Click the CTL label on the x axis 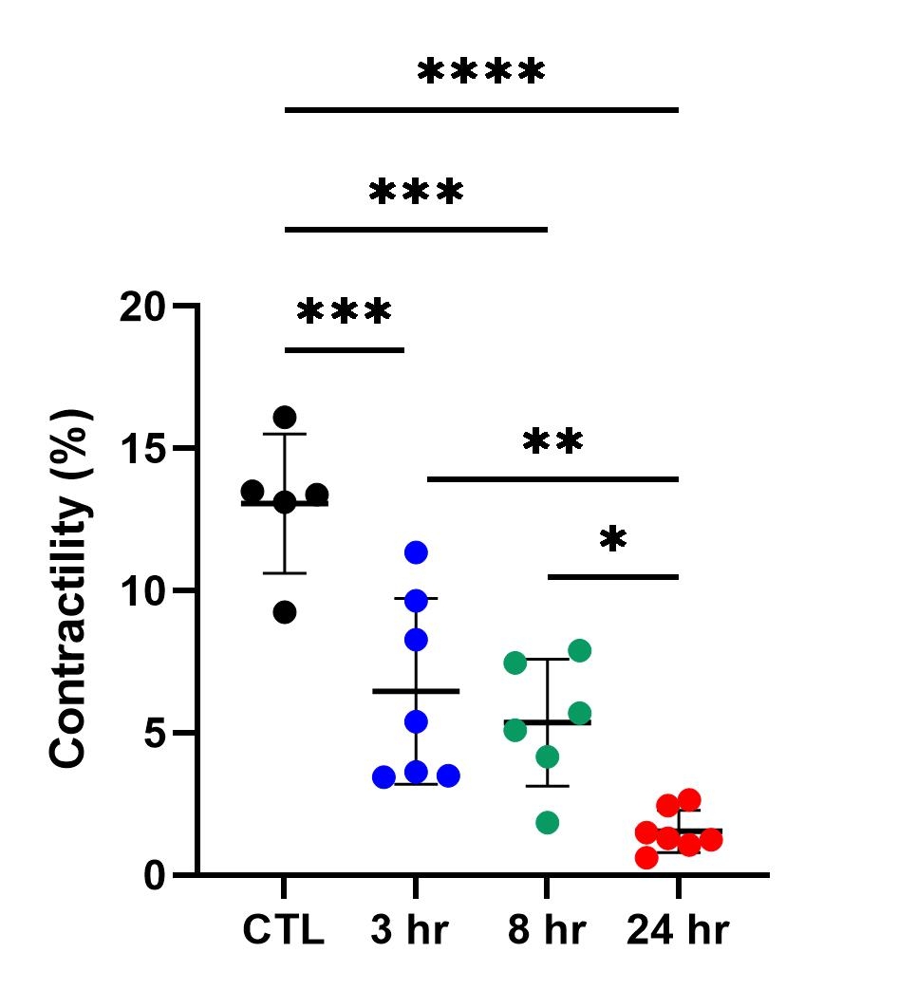(x=283, y=930)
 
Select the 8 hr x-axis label (x=546, y=930)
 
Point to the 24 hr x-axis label (x=678, y=930)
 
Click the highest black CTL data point (x=285, y=417)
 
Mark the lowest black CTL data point (x=285, y=612)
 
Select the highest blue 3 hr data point (x=416, y=551)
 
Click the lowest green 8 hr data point (x=547, y=822)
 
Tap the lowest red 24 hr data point (x=646, y=857)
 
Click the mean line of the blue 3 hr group (x=416, y=691)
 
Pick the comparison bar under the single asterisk (x=613, y=576)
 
